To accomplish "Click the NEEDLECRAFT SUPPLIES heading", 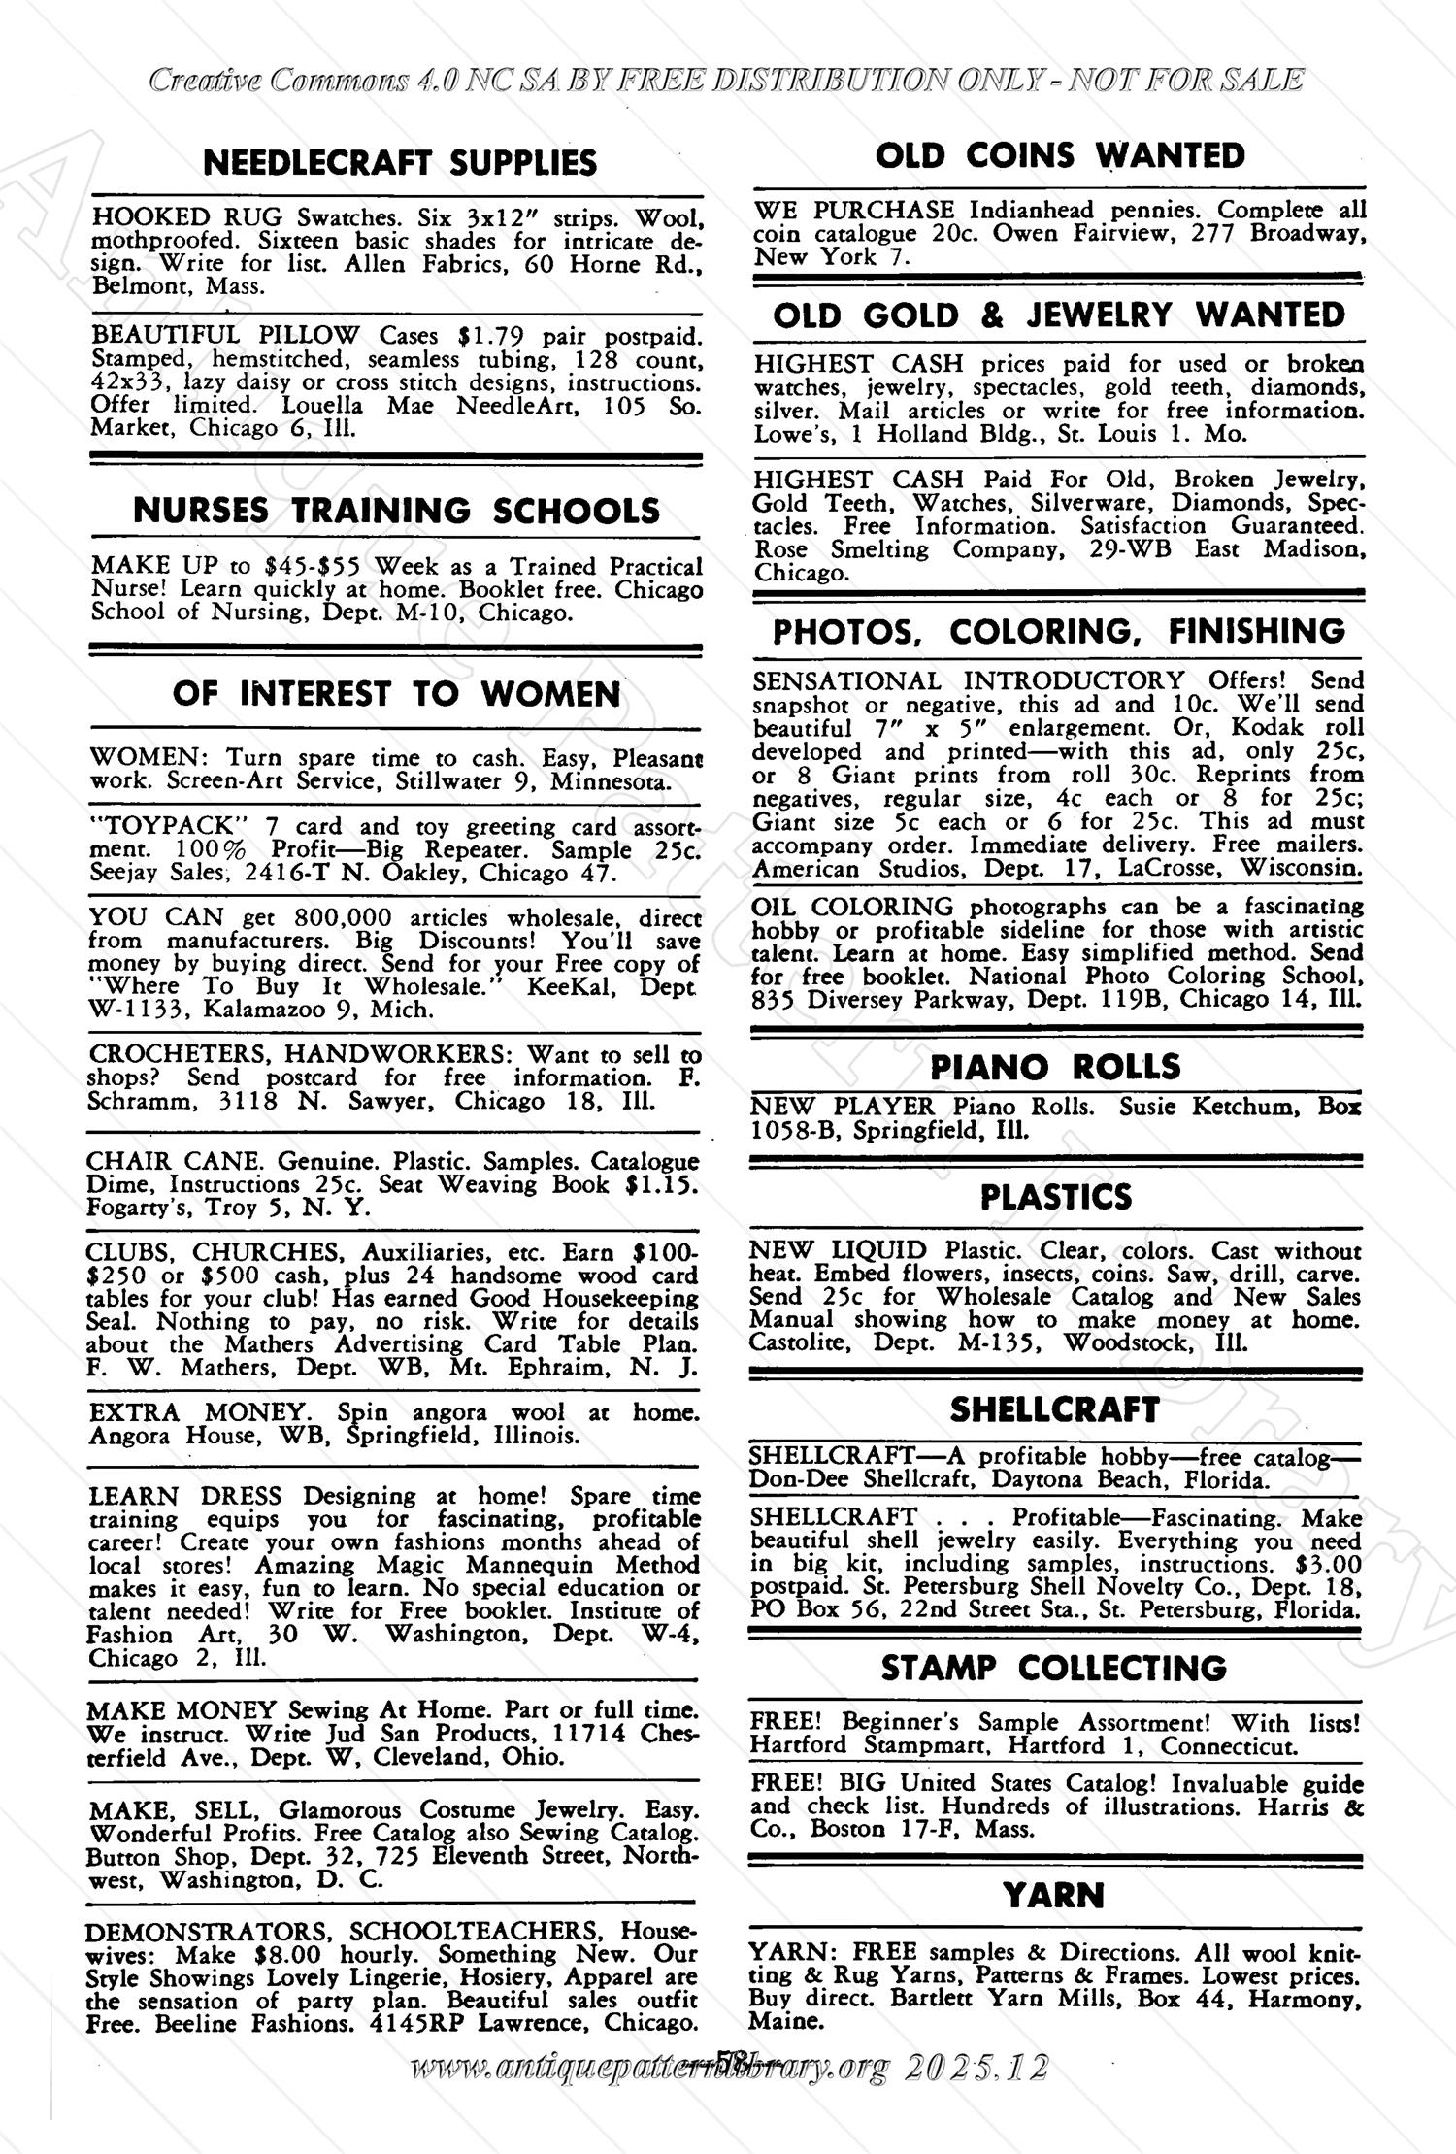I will click(x=400, y=163).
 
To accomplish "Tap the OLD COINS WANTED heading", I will click(x=1059, y=155).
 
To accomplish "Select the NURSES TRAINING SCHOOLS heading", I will click(x=395, y=511).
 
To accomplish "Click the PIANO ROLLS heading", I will click(x=1055, y=1067).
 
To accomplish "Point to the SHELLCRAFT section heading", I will click(x=1054, y=1409).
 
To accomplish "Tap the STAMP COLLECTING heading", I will click(x=1053, y=1669).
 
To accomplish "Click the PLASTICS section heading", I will click(x=1055, y=1197).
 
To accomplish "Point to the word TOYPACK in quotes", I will click(x=162, y=826).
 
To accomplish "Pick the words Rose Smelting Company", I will click(x=882, y=549).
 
